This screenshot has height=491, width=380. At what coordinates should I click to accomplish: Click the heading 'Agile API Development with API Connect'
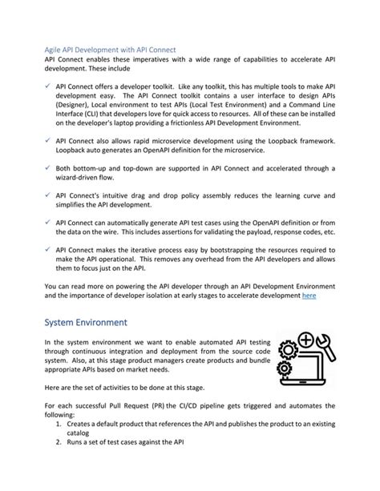[110, 50]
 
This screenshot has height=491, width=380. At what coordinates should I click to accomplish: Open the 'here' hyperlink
[308, 295]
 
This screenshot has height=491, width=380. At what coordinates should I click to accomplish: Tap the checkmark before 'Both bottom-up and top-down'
[49, 167]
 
